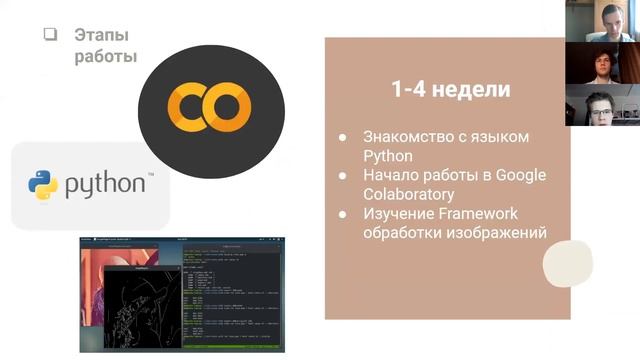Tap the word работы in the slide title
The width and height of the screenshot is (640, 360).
105,57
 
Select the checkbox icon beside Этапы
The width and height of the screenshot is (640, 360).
50,34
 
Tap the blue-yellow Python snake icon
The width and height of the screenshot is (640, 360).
43,185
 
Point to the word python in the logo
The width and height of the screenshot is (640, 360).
107,186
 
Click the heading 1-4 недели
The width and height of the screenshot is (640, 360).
450,89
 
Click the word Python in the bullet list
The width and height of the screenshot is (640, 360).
387,156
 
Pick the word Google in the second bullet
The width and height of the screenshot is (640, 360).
520,175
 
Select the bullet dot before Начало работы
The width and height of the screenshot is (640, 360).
343,176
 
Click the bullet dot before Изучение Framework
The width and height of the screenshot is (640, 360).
343,214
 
